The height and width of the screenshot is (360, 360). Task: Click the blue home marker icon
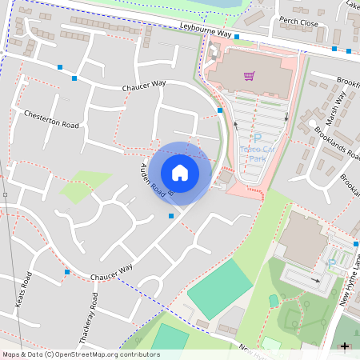point(180,172)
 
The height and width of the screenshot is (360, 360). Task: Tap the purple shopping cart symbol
point(250,77)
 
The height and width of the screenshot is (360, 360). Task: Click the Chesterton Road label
point(52,119)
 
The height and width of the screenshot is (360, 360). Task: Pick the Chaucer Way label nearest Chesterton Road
point(143,86)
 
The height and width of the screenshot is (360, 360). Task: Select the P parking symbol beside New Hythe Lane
point(332,264)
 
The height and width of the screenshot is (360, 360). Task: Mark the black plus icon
point(345,346)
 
